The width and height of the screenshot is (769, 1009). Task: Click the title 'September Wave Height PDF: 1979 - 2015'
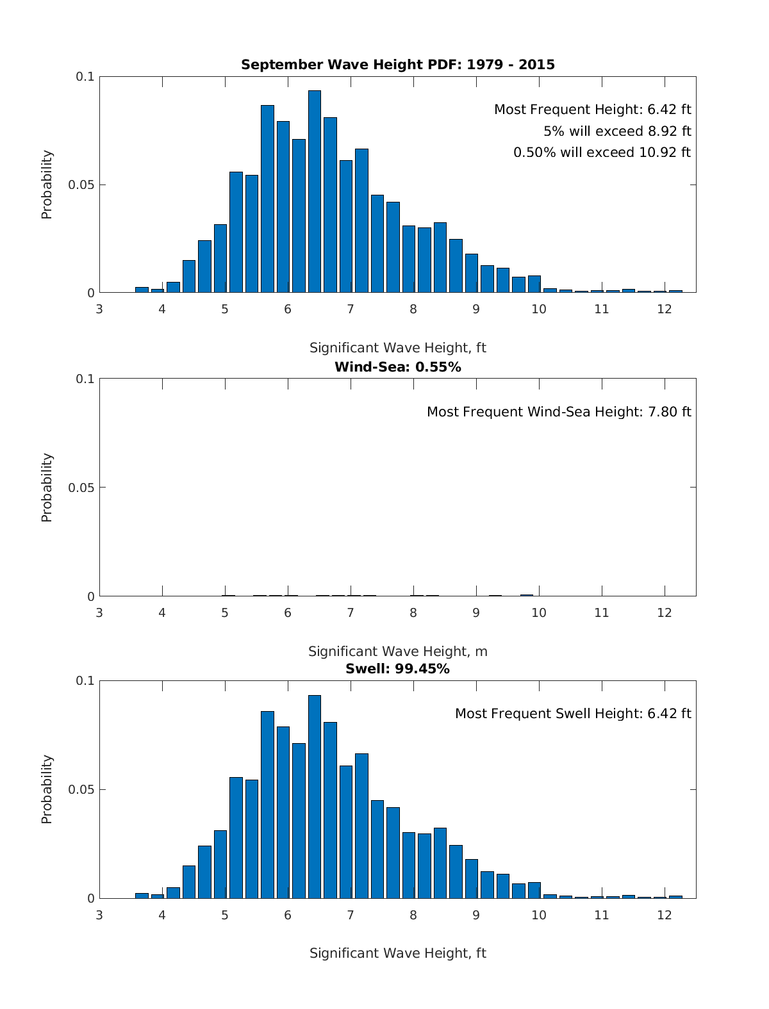397,65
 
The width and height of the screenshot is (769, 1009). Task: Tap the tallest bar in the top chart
314,192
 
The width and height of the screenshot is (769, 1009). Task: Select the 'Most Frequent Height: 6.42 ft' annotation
592,110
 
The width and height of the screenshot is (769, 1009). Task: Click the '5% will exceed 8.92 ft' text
617,131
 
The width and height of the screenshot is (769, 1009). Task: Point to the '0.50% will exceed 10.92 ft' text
602,152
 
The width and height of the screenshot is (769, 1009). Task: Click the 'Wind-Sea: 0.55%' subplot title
397,367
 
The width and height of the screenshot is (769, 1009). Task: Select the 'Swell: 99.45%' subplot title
397,669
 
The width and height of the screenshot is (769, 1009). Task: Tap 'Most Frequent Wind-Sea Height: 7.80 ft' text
559,412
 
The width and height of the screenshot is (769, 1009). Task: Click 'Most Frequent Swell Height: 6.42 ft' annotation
573,714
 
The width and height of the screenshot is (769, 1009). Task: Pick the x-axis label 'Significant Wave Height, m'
397,652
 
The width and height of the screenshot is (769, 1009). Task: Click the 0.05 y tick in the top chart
81,185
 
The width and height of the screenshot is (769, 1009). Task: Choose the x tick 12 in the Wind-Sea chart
664,612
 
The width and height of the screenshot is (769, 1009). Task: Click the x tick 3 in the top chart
99,309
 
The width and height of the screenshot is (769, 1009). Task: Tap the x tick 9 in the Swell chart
475,915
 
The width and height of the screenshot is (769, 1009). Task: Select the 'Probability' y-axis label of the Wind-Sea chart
47,488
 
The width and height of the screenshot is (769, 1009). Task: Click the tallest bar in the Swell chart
314,798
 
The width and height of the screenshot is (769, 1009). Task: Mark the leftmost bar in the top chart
142,290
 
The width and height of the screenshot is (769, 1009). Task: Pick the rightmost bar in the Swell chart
675,897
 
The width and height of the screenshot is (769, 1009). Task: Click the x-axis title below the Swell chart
397,953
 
